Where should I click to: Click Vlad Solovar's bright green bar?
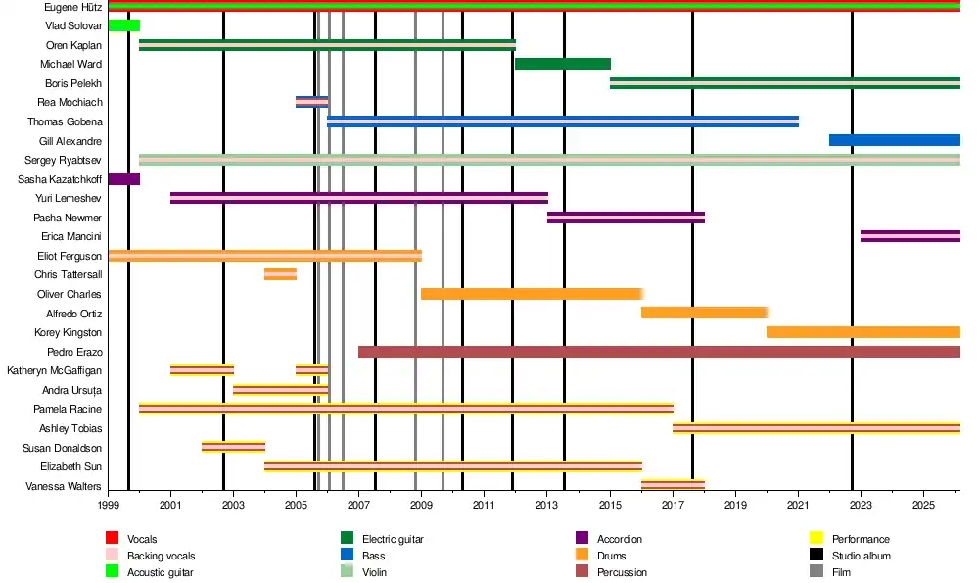(124, 25)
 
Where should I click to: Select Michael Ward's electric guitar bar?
(563, 64)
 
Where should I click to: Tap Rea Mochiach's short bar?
(312, 102)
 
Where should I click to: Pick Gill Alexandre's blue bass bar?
(895, 140)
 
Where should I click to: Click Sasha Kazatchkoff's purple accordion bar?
(124, 179)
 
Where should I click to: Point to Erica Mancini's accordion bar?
(910, 236)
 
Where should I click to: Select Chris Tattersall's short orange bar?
(280, 274)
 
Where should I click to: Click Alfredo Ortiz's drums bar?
(705, 314)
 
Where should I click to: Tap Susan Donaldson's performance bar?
(234, 448)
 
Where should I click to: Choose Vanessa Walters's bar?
(674, 486)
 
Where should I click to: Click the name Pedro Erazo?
(74, 353)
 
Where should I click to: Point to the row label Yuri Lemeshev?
(69, 199)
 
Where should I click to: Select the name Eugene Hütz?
(73, 8)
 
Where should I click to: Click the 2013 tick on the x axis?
(547, 505)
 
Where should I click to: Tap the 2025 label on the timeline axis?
(923, 505)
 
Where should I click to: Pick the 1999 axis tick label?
(108, 505)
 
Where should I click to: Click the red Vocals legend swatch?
(112, 538)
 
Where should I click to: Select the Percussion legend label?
(622, 572)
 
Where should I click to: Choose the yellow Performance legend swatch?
(816, 538)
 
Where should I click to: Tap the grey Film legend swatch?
(816, 572)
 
